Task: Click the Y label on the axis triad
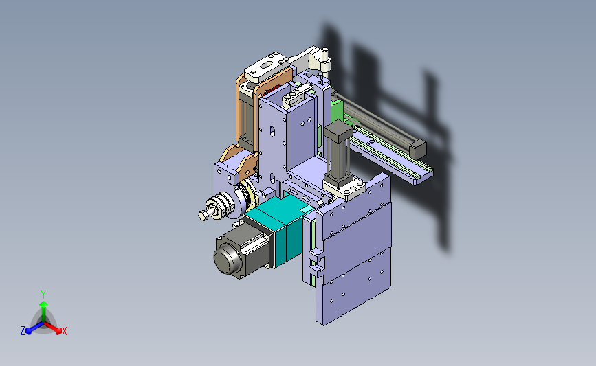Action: [x=43, y=295]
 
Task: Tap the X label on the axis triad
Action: [x=64, y=331]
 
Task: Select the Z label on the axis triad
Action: [x=23, y=331]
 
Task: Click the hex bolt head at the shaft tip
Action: [x=203, y=216]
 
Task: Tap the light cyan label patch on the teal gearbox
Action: [x=305, y=209]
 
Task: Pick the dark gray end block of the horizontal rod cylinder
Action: [x=417, y=149]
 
